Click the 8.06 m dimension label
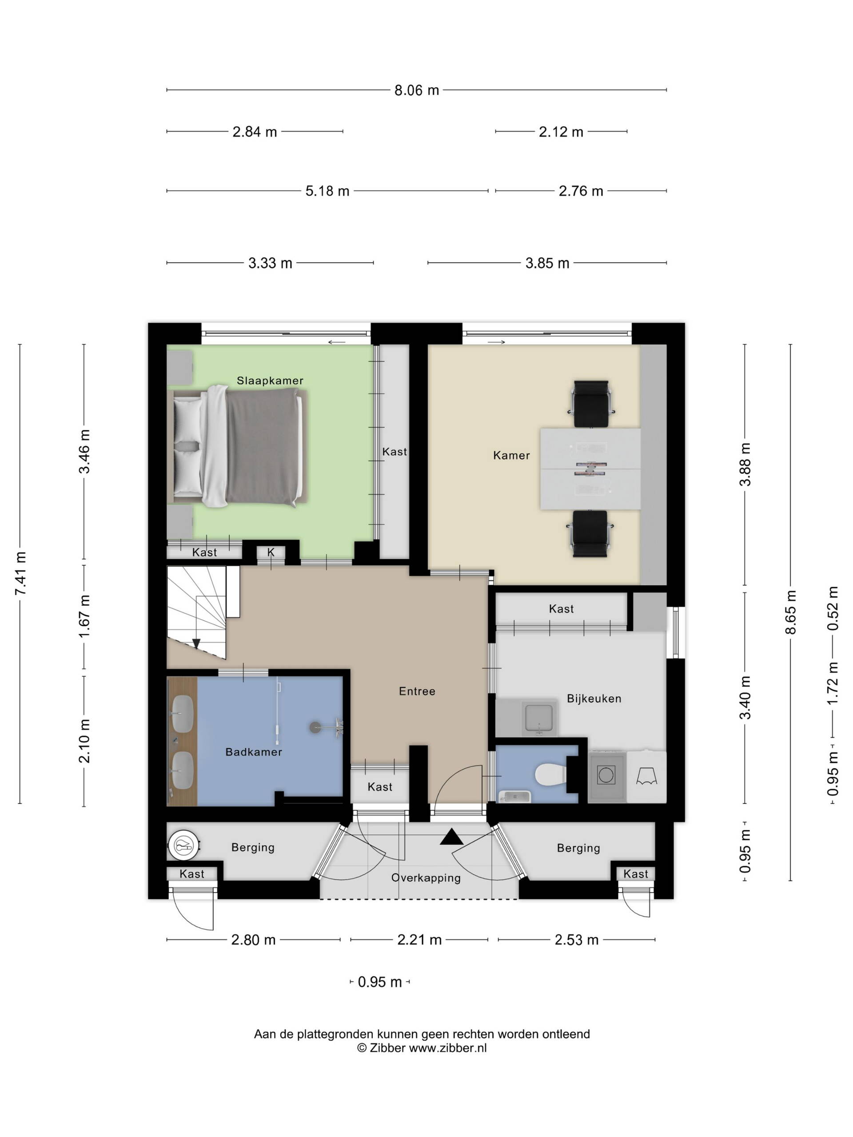[x=416, y=91]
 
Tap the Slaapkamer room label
[x=270, y=381]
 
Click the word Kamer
[x=511, y=455]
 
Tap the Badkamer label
[x=254, y=752]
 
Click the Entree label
[x=417, y=692]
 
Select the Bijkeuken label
[x=594, y=699]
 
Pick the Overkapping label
[x=426, y=878]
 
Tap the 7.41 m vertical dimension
[x=20, y=573]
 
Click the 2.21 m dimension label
[x=419, y=940]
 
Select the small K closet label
[x=271, y=552]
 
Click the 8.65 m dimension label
[x=791, y=612]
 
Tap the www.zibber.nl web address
[x=447, y=1048]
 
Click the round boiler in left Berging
[x=183, y=845]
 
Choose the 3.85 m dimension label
[x=547, y=263]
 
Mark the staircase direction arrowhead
[x=196, y=644]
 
